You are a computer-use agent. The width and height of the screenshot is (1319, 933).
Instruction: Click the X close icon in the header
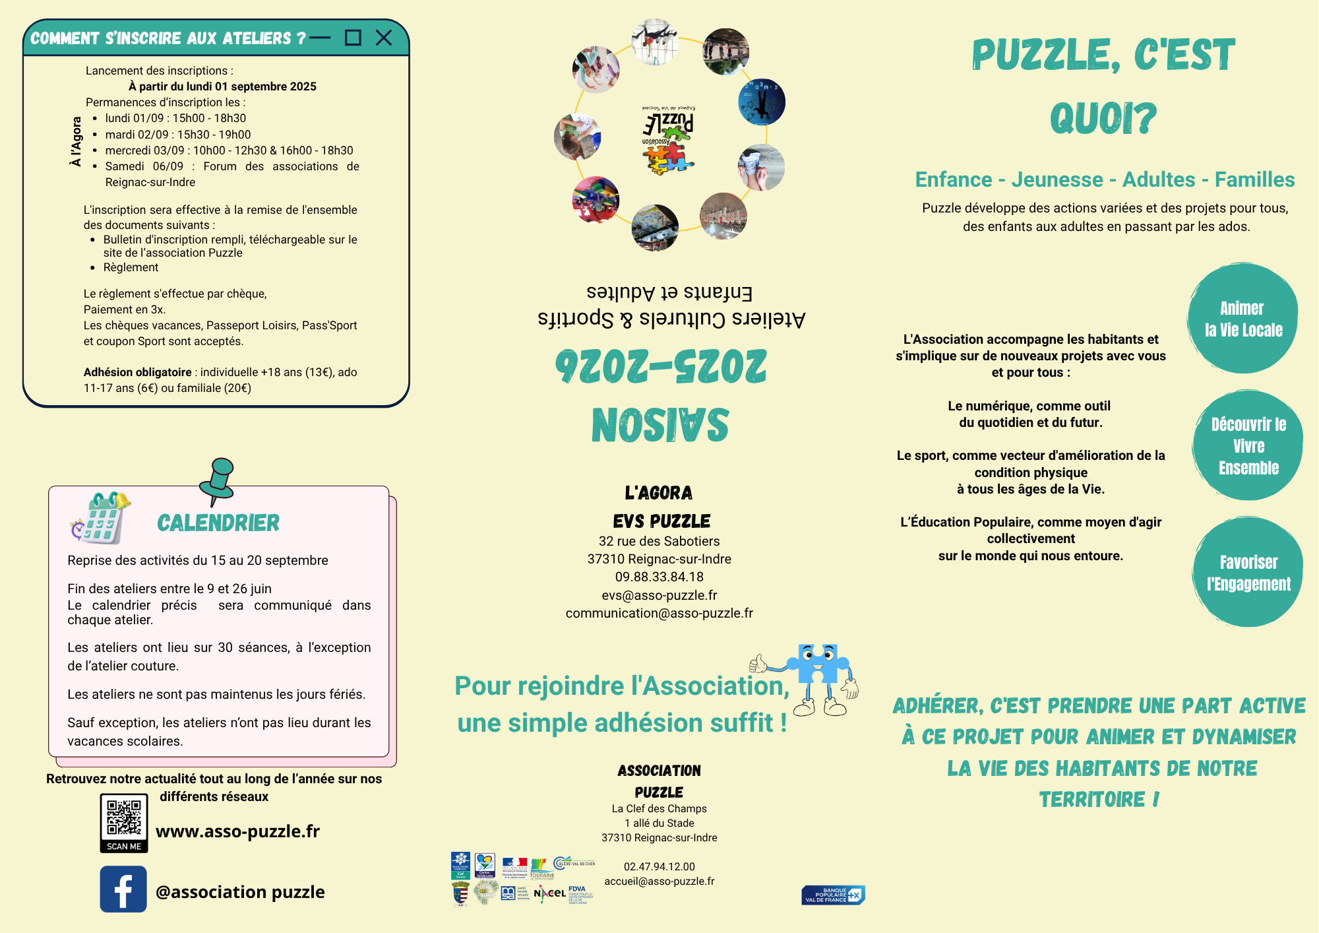pos(383,38)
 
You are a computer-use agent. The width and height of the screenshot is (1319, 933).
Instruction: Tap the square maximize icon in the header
pos(353,38)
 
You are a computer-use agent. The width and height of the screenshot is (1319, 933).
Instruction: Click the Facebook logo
pos(123,889)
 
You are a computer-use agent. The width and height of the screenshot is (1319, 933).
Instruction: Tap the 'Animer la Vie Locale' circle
pos(1242,319)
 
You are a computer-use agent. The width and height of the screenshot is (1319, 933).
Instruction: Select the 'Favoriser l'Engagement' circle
pos(1248,573)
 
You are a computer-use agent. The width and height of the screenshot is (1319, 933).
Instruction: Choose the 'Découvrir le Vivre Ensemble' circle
pos(1248,446)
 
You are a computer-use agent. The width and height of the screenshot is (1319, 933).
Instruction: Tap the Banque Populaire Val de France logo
pos(833,895)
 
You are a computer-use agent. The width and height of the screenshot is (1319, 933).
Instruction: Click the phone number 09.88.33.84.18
pos(659,577)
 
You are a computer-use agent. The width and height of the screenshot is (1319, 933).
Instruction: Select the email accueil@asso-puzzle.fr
pos(659,881)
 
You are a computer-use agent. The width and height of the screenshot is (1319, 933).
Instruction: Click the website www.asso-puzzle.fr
pos(237,831)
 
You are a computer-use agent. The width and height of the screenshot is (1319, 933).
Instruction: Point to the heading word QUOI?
pos(1103,119)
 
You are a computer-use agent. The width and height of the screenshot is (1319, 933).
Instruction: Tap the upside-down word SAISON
pos(660,425)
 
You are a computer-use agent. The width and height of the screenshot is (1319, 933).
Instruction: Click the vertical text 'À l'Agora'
pos(77,141)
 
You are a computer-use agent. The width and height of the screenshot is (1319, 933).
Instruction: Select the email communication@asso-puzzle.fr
pos(659,613)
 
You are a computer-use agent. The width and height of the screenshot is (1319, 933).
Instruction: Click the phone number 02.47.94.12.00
pos(659,866)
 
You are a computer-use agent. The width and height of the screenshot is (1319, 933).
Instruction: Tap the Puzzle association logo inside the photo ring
pos(668,140)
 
